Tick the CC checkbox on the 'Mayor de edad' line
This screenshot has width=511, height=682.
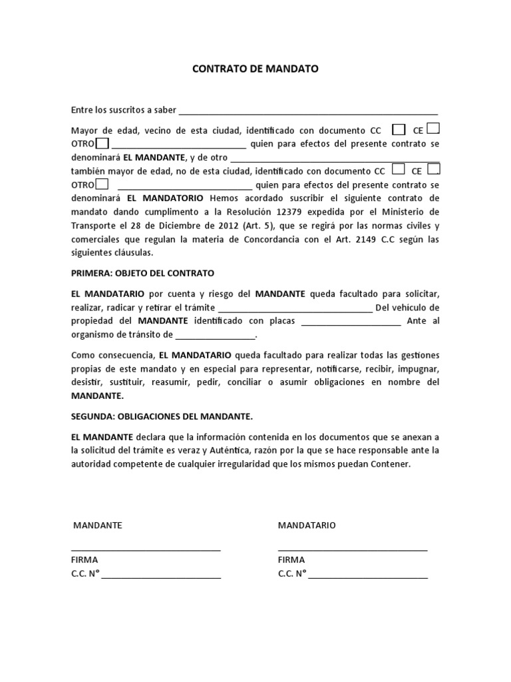(x=399, y=129)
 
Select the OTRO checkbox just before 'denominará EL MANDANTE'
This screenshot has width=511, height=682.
(x=102, y=143)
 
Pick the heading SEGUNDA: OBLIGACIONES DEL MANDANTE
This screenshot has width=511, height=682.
(x=162, y=416)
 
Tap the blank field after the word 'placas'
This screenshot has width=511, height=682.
(x=351, y=322)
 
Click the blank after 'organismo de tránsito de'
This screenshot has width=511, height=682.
(x=216, y=336)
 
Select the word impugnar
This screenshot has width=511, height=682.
(x=419, y=368)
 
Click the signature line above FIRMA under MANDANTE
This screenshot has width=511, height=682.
(x=146, y=549)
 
